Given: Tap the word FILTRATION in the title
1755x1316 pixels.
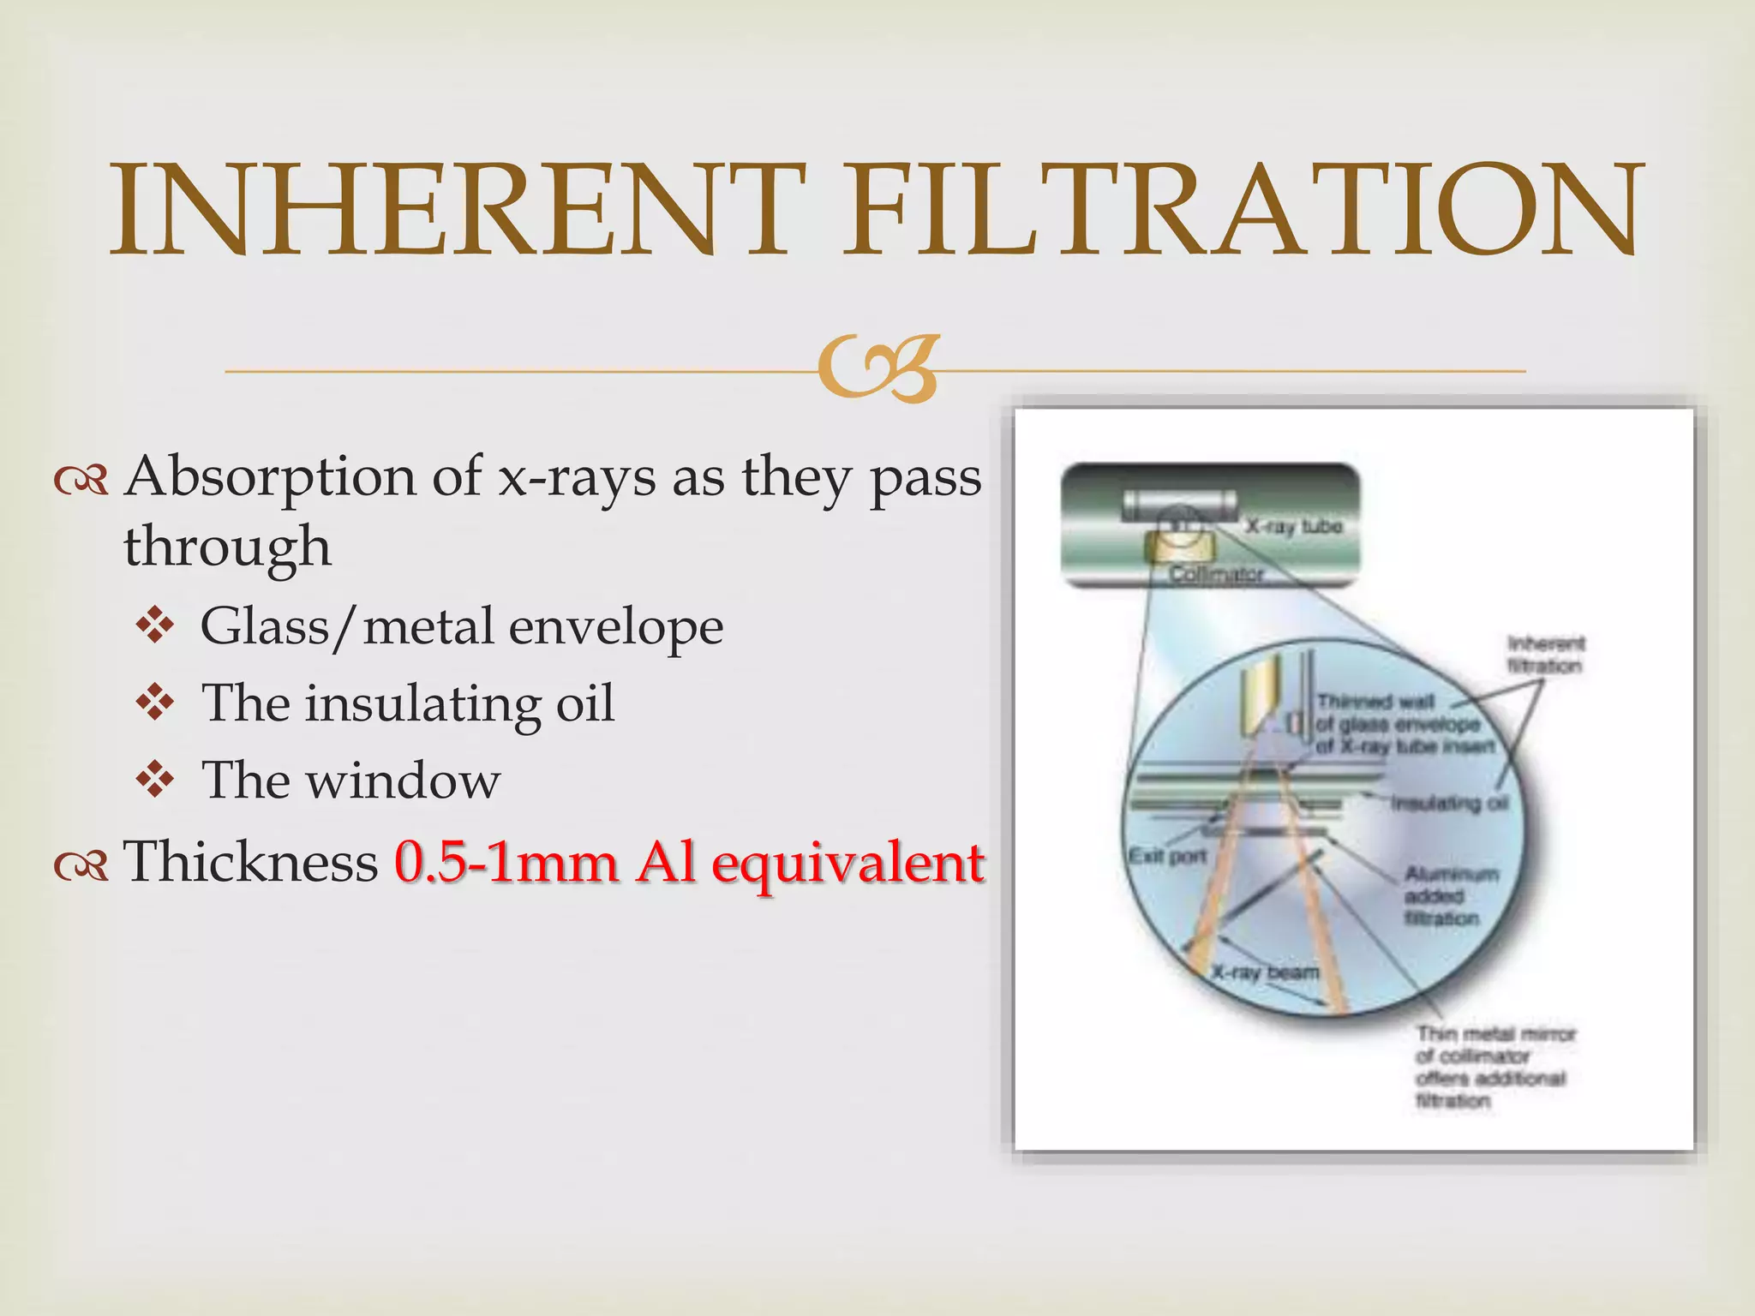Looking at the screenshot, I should [x=1243, y=210].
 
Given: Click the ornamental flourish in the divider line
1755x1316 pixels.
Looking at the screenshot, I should [x=876, y=370].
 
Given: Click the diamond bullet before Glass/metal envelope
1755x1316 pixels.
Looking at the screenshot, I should [x=155, y=626].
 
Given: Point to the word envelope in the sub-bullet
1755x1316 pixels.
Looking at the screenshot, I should [x=615, y=628].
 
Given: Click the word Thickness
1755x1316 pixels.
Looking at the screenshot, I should [x=251, y=862].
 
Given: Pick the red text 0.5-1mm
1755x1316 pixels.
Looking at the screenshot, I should [x=506, y=862].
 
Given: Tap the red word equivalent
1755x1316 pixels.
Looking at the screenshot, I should [x=848, y=864].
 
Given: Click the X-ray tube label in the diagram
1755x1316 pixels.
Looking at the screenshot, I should [x=1293, y=526].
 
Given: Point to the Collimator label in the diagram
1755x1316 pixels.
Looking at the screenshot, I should [x=1217, y=574].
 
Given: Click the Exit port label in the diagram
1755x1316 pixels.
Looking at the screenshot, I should [x=1167, y=855].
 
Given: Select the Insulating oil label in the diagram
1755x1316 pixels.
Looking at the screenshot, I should [x=1449, y=803].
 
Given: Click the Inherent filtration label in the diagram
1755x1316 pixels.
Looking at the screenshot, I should [x=1545, y=655].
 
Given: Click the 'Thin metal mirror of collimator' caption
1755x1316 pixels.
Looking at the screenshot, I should [x=1494, y=1067].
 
